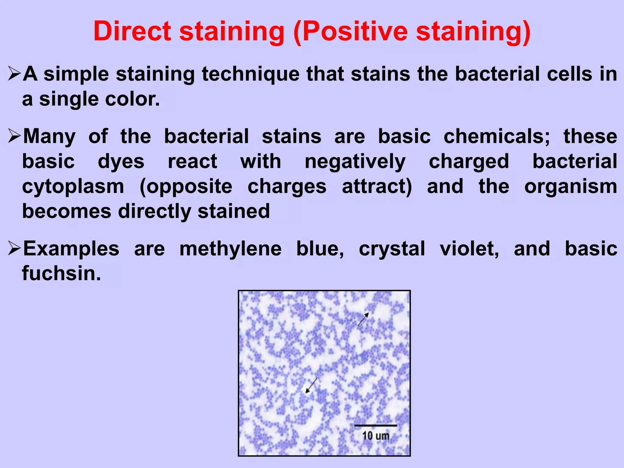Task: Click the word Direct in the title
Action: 132,31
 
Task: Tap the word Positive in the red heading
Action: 355,31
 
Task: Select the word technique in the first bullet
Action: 250,74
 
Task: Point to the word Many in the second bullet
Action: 49,136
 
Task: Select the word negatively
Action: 355,161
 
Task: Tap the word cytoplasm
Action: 73,186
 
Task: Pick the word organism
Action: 570,186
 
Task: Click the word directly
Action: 154,211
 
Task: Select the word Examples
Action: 71,249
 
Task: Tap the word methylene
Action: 230,249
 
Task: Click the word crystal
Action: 392,249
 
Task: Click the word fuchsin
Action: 61,273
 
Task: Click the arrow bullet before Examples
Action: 14,248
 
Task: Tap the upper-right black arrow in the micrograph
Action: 363,319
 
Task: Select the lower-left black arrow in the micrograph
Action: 311,385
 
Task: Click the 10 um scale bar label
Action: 376,436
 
